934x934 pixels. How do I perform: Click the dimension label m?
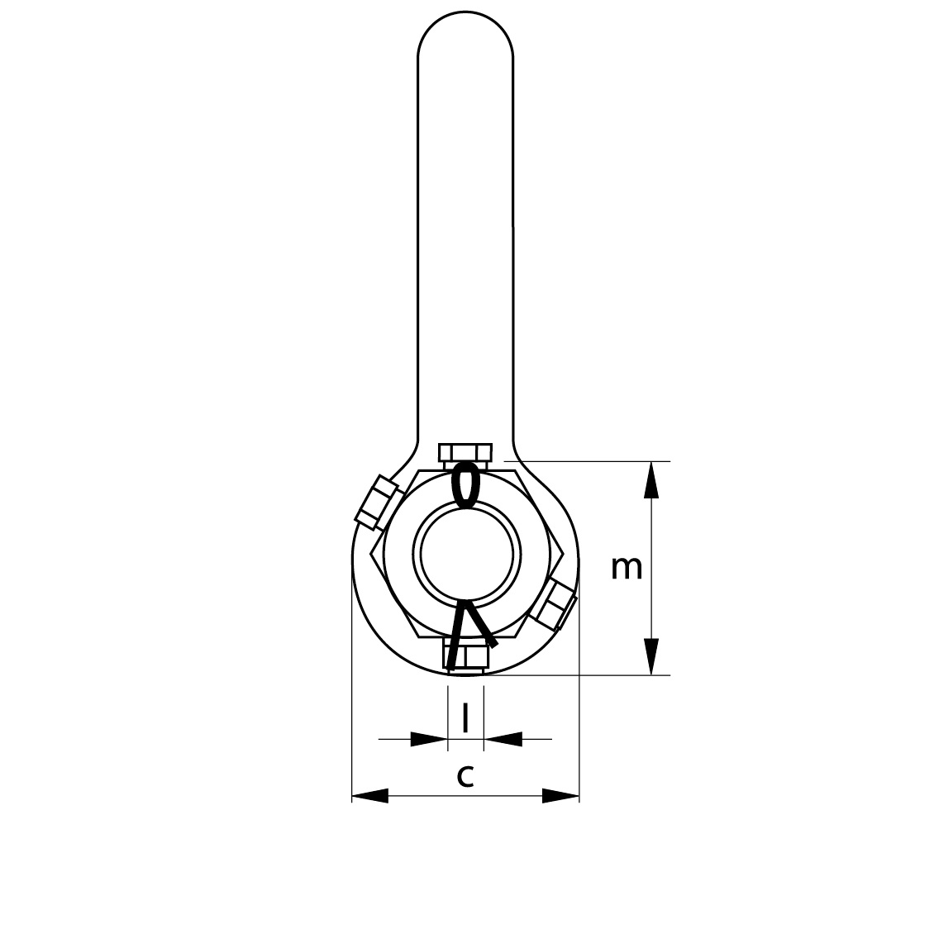(x=627, y=568)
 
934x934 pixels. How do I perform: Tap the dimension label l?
(x=465, y=717)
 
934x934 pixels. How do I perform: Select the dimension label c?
(x=465, y=776)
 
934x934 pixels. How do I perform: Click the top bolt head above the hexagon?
(x=465, y=452)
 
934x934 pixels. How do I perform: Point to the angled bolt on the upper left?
(x=377, y=502)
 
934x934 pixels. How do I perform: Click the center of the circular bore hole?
(x=469, y=553)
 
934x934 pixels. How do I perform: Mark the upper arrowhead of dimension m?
(x=652, y=479)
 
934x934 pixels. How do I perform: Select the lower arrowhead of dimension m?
(x=652, y=656)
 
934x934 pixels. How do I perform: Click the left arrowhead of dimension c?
(x=370, y=796)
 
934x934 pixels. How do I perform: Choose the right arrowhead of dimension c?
(x=560, y=796)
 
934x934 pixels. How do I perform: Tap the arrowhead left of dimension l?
(x=429, y=738)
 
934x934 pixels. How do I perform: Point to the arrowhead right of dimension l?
(x=503, y=738)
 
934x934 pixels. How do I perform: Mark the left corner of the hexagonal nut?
(x=371, y=554)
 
